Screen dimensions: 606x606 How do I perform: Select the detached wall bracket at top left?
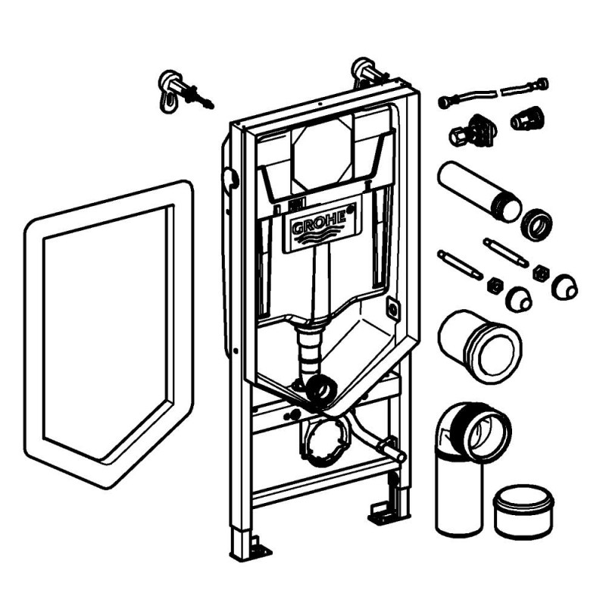[x=183, y=92]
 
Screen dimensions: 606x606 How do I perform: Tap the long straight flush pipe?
[x=479, y=192]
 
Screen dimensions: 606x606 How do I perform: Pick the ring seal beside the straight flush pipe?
[x=536, y=224]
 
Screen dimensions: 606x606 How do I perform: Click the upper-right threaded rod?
[x=505, y=253]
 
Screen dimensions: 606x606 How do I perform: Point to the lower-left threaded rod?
[x=460, y=264]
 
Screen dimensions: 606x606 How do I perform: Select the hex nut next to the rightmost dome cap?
[x=539, y=273]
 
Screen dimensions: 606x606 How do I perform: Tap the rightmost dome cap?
[x=564, y=287]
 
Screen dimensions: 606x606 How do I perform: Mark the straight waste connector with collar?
[x=479, y=346]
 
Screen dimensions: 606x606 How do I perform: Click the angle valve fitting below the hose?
[x=473, y=131]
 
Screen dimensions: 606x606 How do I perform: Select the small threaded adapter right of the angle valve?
[x=527, y=117]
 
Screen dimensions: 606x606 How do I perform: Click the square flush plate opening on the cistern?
[x=323, y=154]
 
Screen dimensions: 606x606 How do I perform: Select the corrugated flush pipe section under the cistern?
[x=308, y=349]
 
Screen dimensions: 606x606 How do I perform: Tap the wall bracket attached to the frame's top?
[x=368, y=73]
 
